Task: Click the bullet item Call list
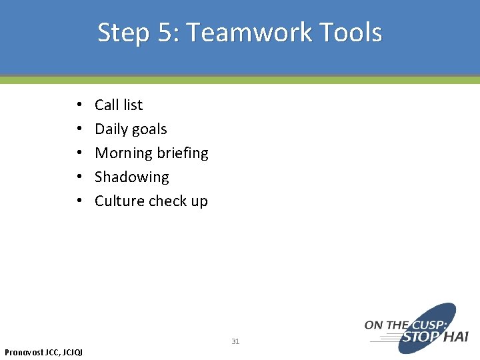(x=119, y=105)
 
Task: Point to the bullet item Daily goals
(x=131, y=129)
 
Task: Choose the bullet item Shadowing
(x=132, y=177)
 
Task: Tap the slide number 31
(x=235, y=341)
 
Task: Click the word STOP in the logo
(x=420, y=337)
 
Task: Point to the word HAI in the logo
(x=455, y=337)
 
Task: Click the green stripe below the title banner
(x=240, y=80)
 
